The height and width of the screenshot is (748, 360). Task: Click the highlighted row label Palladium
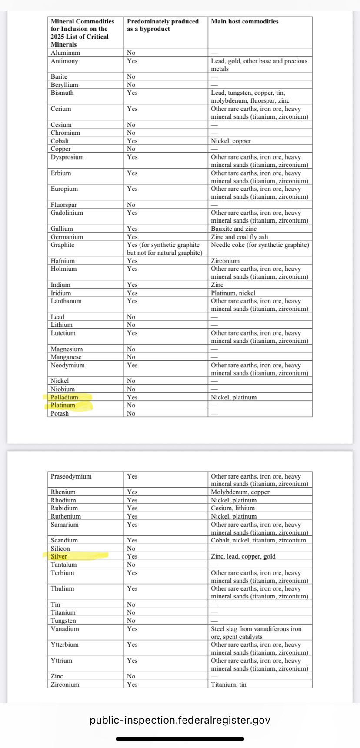(x=64, y=397)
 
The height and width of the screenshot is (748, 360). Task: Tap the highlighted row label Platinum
(x=63, y=405)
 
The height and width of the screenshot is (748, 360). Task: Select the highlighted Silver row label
(x=59, y=556)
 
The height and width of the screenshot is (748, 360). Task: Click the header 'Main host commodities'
(x=245, y=21)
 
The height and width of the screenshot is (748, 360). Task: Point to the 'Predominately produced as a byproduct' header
(x=163, y=25)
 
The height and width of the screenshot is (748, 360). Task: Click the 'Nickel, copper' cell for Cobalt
(x=231, y=141)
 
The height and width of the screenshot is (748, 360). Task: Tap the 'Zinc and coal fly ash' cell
(x=239, y=237)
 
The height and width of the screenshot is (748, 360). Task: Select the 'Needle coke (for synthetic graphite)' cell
(x=260, y=245)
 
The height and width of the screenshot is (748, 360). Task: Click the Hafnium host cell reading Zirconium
(x=225, y=261)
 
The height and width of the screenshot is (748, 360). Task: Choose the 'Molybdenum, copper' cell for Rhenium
(x=240, y=492)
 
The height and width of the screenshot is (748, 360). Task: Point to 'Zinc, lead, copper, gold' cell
(x=243, y=556)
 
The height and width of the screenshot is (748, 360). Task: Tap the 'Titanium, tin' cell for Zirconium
(x=229, y=685)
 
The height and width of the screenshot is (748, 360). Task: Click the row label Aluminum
(x=65, y=53)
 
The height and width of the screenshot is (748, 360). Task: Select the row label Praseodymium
(x=71, y=476)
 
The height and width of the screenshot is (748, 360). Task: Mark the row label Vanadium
(x=64, y=629)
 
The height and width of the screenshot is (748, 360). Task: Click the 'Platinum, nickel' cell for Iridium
(x=233, y=293)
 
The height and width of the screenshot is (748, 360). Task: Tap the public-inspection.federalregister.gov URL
(x=180, y=720)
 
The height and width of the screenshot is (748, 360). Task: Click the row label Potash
(x=60, y=413)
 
